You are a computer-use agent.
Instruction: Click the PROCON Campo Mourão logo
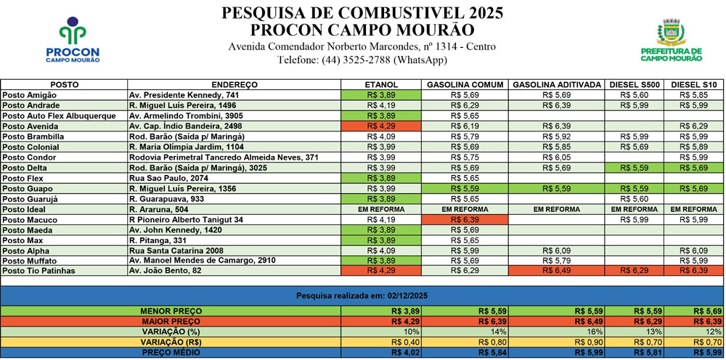click(x=72, y=41)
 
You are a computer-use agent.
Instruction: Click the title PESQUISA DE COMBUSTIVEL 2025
click(x=362, y=13)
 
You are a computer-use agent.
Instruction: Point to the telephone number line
click(x=362, y=60)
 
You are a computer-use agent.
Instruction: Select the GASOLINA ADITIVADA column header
click(x=556, y=85)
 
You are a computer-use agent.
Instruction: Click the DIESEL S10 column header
click(x=696, y=85)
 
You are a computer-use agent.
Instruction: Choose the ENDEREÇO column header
click(x=234, y=85)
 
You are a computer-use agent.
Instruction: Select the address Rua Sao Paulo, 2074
click(x=168, y=178)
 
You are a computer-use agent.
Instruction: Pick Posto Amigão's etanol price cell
click(x=381, y=95)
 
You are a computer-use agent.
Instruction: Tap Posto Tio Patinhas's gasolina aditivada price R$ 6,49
click(x=555, y=271)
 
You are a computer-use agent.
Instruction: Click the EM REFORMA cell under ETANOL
click(x=381, y=209)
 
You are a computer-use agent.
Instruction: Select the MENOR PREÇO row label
click(x=171, y=311)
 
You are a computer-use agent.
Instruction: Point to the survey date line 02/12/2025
click(x=361, y=296)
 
